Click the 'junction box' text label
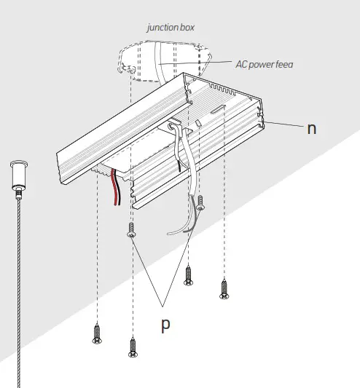point(170,28)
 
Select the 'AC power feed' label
point(265,64)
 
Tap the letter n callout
point(311,128)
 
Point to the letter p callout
point(166,323)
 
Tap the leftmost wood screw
point(96,334)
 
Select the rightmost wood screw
point(223,288)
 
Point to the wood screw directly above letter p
point(189,274)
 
